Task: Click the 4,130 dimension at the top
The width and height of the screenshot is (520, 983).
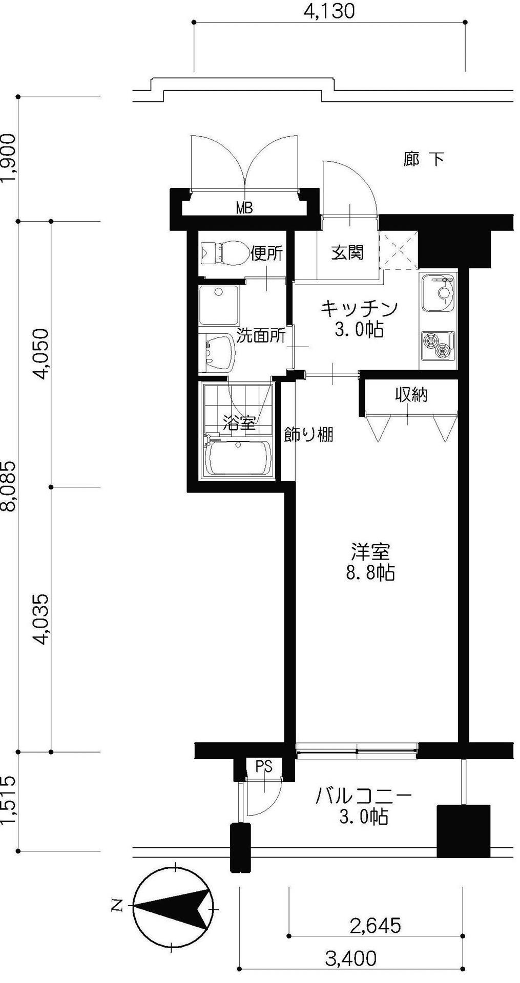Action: pos(328,11)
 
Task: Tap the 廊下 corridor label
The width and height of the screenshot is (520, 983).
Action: pos(423,159)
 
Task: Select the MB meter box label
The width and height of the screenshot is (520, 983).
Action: pos(244,208)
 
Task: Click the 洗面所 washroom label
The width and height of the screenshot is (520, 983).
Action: pos(261,336)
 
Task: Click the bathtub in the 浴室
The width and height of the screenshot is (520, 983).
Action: pos(238,457)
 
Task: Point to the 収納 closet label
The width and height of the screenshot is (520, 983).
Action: pos(411,395)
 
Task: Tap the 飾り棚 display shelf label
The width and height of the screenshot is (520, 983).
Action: pos(309,435)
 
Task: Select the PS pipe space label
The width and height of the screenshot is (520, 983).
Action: pos(264,766)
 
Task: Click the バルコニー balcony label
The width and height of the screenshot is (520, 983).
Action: pos(364,796)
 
